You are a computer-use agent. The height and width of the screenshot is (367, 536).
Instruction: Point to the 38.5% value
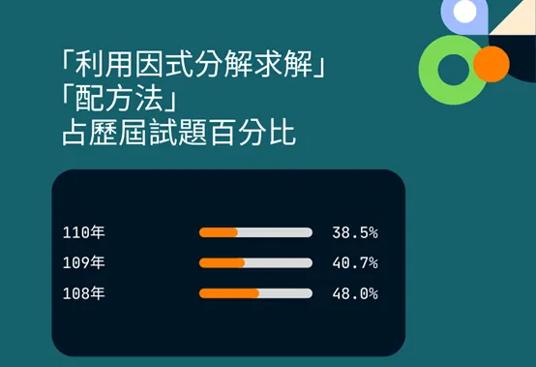[354, 232]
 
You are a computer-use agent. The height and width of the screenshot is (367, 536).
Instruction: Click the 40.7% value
[354, 262]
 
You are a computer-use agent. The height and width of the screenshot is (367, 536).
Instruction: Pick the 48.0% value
[354, 293]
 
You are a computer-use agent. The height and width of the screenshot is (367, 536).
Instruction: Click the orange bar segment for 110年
[218, 232]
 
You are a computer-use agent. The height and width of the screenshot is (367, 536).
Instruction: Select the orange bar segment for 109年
[222, 262]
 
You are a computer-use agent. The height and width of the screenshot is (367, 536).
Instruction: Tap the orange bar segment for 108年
[228, 293]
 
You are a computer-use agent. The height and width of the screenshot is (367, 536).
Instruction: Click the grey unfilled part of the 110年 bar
[275, 232]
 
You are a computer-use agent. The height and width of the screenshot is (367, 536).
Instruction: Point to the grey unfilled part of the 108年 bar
[285, 293]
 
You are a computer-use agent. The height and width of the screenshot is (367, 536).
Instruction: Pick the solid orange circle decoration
[491, 65]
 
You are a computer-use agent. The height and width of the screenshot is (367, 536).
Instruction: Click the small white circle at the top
[465, 13]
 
